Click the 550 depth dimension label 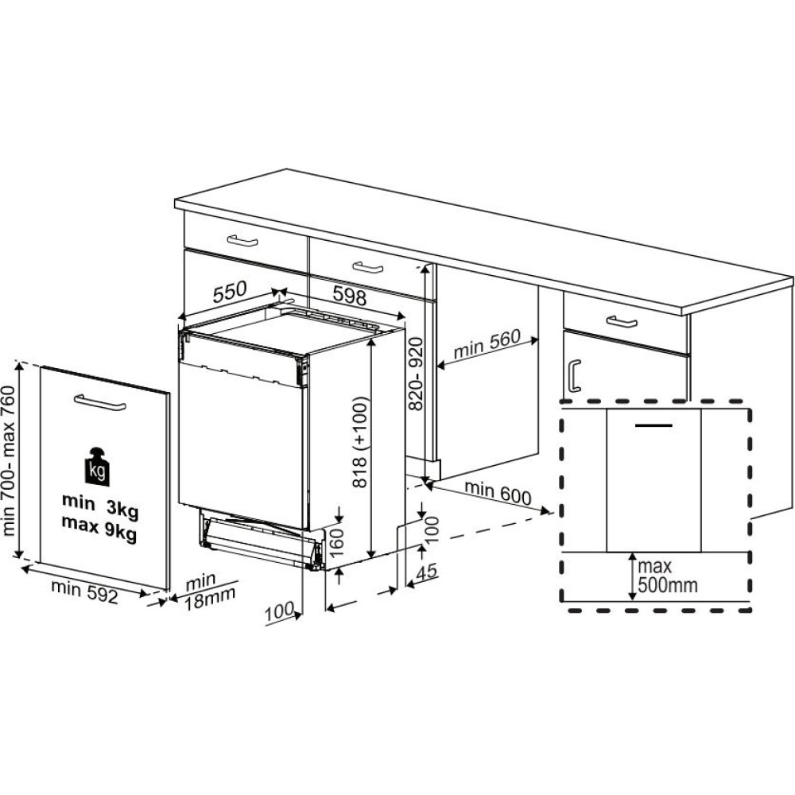pos(230,292)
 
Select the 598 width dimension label pos(349,295)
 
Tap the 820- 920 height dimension pos(416,374)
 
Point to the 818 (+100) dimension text pos(359,441)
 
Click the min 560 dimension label pos(487,344)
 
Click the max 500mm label pos(667,576)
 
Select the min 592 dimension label pos(85,591)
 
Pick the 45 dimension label pos(426,572)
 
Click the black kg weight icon pos(96,467)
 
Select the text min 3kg pos(100,505)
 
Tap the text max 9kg pos(99,526)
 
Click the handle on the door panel pos(100,402)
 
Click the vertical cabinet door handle pos(575,376)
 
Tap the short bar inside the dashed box pos(654,424)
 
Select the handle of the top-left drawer pos(242,240)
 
